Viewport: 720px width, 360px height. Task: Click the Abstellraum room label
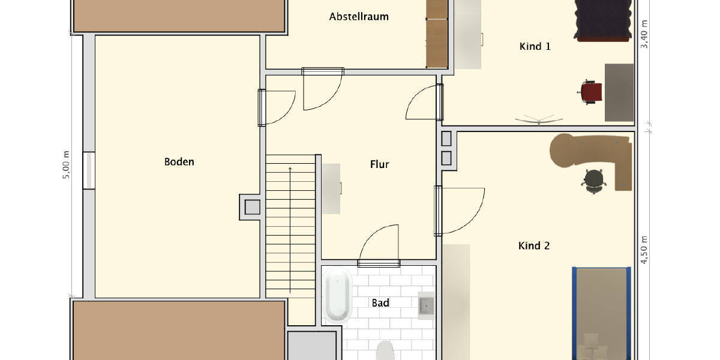point(359,17)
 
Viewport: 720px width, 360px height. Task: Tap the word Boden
point(179,162)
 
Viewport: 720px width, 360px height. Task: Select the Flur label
point(379,164)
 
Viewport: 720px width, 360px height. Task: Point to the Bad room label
point(380,303)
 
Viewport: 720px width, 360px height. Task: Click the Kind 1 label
point(535,46)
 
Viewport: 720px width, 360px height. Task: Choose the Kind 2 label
point(533,245)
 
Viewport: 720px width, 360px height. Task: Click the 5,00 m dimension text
point(67,164)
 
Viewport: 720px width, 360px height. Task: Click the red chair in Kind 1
point(591,92)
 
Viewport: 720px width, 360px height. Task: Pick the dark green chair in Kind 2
point(593,180)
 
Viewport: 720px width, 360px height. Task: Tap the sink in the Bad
point(426,305)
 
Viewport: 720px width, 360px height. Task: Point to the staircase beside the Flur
point(290,225)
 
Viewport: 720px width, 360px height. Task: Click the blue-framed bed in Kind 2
point(601,312)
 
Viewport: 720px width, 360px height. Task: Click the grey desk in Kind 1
point(619,92)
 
